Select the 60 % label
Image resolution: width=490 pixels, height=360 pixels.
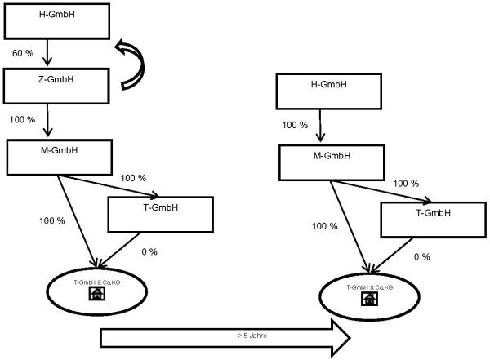pos(23,54)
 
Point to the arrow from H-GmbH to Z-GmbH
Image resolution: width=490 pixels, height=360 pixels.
pos(47,53)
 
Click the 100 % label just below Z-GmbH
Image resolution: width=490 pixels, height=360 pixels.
pos(23,120)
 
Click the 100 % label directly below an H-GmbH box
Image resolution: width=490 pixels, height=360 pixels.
pos(295,126)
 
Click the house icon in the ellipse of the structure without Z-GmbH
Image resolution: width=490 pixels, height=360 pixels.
pos(368,299)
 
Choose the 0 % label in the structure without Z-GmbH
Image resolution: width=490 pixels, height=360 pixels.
pos(421,257)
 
